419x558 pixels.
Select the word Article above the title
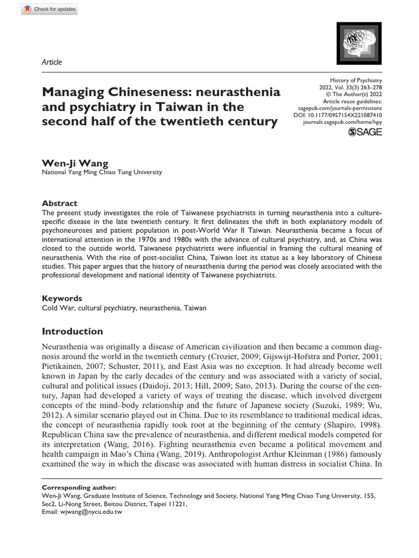(x=52, y=62)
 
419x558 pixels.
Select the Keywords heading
(x=62, y=299)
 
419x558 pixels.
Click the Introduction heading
(x=72, y=331)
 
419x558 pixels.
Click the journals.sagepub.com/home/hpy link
(x=342, y=123)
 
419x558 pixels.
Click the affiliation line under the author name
(x=102, y=173)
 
